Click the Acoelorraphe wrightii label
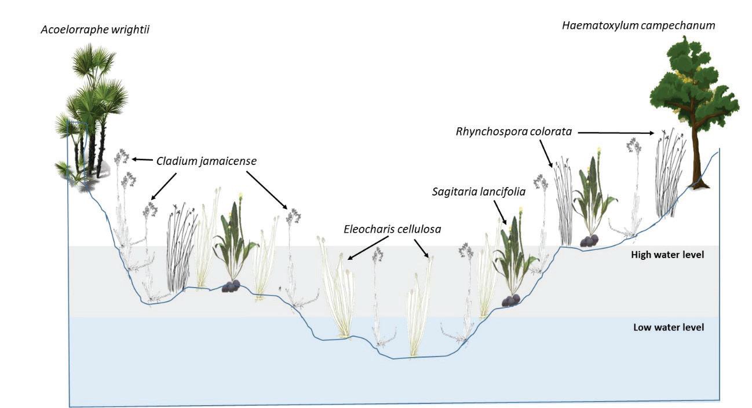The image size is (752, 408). (95, 29)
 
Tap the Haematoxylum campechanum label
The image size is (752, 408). (638, 25)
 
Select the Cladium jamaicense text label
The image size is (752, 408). (206, 161)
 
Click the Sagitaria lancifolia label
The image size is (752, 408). (479, 192)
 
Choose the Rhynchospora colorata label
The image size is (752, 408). (514, 132)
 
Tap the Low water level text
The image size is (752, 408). (669, 328)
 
